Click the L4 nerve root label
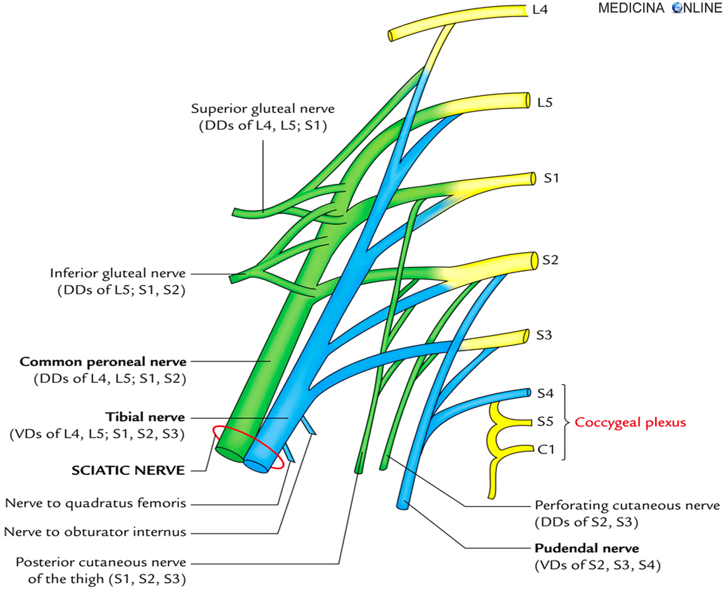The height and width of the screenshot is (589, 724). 540,10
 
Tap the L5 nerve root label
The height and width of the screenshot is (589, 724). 544,102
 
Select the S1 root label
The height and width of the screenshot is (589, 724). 551,178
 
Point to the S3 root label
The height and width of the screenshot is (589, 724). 544,335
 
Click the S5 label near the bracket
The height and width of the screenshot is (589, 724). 545,422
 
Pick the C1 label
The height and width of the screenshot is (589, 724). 546,450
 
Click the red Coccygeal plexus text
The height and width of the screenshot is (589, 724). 630,422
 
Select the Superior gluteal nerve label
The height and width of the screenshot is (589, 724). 263,109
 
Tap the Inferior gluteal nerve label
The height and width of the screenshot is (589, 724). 118,273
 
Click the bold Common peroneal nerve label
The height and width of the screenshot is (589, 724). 103,362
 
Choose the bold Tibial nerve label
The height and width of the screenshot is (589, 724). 145,417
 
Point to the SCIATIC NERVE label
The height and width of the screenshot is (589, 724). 128,470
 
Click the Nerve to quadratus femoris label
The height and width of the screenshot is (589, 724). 96,503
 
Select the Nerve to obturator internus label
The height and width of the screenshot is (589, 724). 95,532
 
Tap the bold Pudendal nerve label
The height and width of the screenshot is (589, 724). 587,548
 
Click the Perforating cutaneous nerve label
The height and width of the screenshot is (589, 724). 627,505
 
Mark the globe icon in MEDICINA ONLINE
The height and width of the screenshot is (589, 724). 677,8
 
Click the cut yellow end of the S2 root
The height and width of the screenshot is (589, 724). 534,261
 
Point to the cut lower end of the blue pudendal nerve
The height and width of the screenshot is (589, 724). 402,505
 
